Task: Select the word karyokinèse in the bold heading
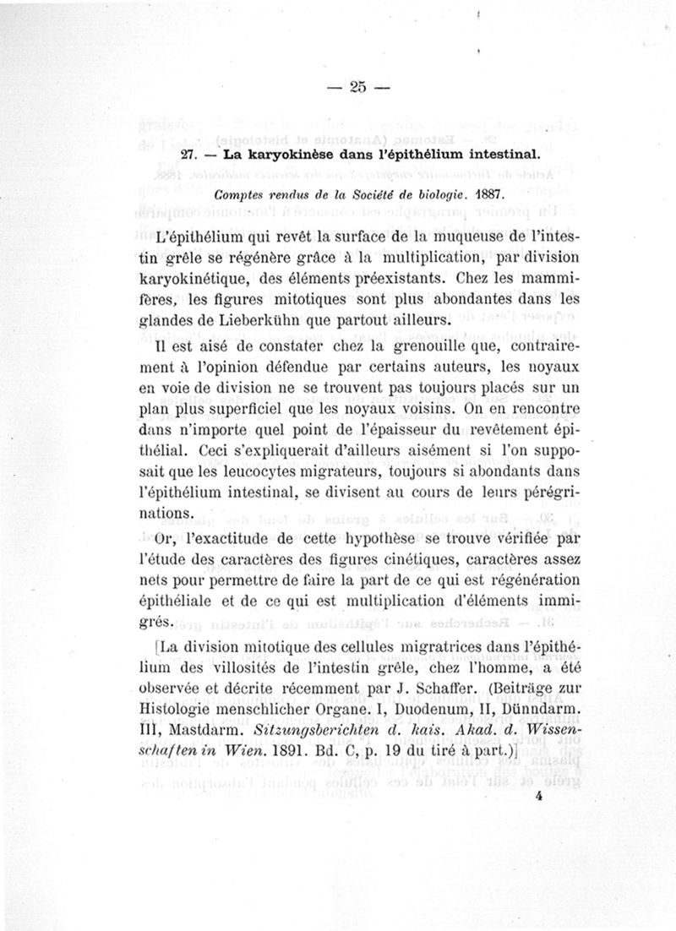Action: [x=269, y=157]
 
